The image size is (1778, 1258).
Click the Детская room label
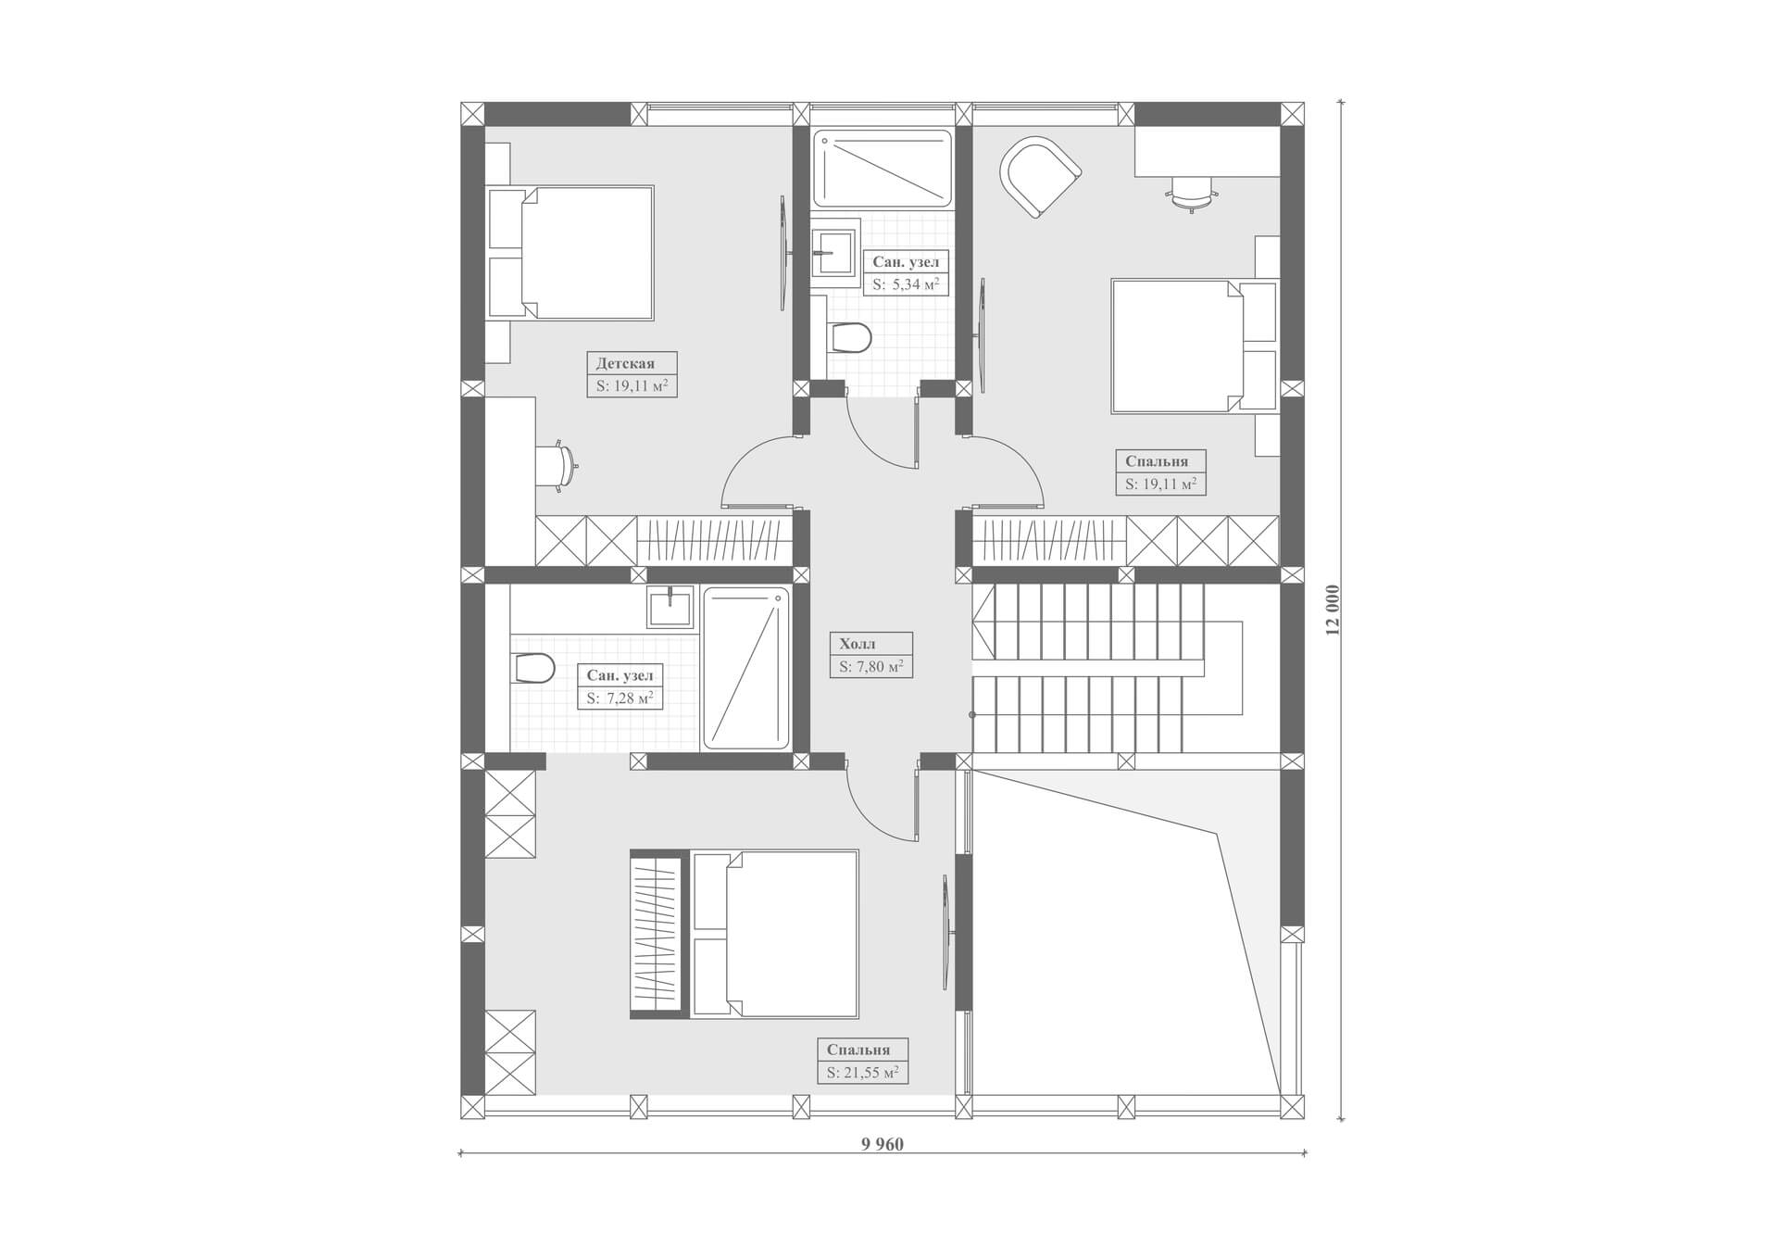pyautogui.click(x=625, y=363)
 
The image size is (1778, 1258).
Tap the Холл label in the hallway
pyautogui.click(x=857, y=644)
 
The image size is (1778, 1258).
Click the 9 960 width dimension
pyautogui.click(x=882, y=1144)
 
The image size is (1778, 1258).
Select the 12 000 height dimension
pyautogui.click(x=1333, y=610)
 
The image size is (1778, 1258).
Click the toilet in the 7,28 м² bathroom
pyautogui.click(x=532, y=668)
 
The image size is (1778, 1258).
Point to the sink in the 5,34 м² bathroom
pyautogui.click(x=835, y=247)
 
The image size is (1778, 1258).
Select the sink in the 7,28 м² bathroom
pyautogui.click(x=670, y=607)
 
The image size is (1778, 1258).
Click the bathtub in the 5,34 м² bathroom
pyautogui.click(x=883, y=169)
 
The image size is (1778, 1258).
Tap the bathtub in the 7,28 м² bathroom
pyautogui.click(x=746, y=668)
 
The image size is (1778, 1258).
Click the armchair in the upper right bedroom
pyautogui.click(x=1040, y=176)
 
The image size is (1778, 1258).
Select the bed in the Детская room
pyautogui.click(x=570, y=253)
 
